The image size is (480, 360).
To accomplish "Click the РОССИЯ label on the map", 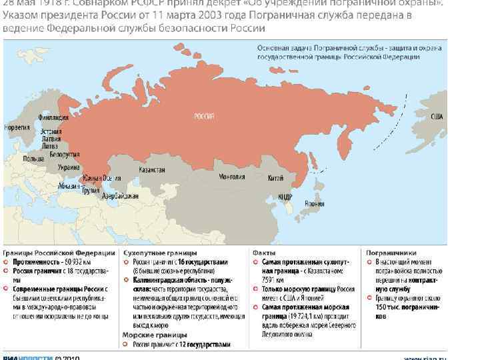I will coord(203,117).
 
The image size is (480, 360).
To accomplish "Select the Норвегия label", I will coord(17,127).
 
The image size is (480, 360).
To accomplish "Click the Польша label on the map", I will coord(33,159).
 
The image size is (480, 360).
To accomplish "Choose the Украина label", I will coord(69,167).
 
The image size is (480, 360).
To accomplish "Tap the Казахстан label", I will coord(152,170).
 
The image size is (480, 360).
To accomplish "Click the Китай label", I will coord(275,178).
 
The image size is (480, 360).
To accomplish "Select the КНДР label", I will coord(285,197).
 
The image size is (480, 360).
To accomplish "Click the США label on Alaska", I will coord(437,116).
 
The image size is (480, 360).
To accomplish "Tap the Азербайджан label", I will coord(121,196).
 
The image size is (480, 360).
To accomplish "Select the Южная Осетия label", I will coord(97,177).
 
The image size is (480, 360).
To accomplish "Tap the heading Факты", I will coord(261,253).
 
